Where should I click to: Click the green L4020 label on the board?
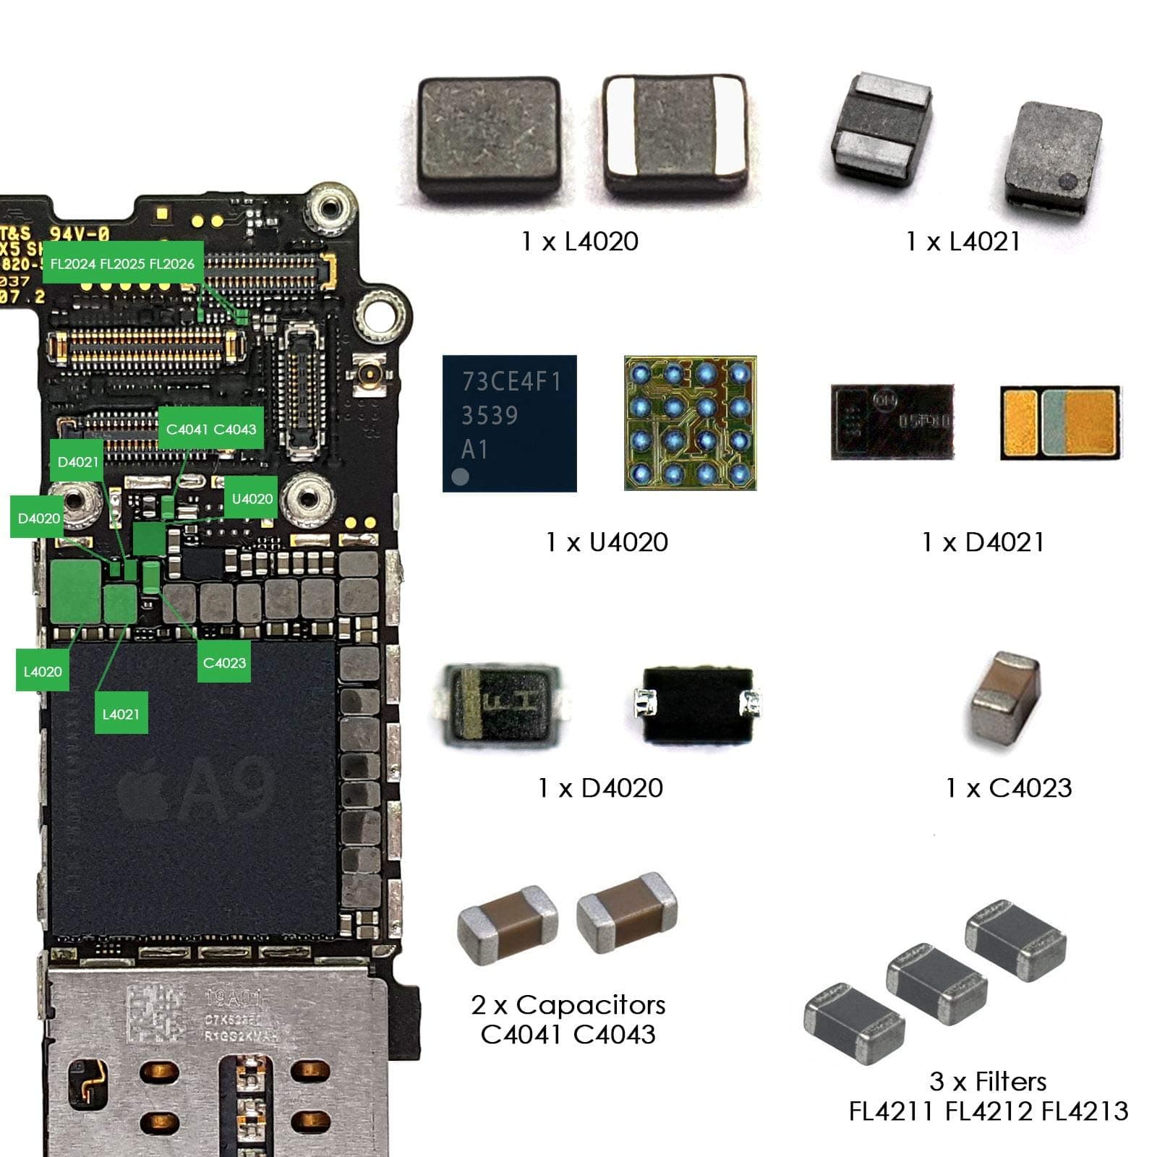coord(43,671)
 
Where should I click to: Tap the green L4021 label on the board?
coord(121,714)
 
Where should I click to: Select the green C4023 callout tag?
coord(224,662)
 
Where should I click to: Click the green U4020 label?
coord(252,498)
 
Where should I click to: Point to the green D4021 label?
coord(77,461)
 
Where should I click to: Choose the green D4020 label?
coord(38,518)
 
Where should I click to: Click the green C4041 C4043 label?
coord(210,429)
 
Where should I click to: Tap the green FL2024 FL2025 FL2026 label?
coord(122,263)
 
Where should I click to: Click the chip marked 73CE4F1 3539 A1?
coord(509,423)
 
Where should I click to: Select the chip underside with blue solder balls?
coord(690,423)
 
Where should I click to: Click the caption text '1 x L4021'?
coord(963,242)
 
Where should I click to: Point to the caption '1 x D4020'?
coord(600,787)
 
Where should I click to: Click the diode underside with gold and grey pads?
coord(1060,423)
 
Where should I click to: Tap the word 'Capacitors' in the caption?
coord(590,1004)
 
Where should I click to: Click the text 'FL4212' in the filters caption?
coord(988,1111)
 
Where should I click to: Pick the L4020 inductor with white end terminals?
coord(673,135)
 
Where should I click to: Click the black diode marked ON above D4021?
coord(892,422)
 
